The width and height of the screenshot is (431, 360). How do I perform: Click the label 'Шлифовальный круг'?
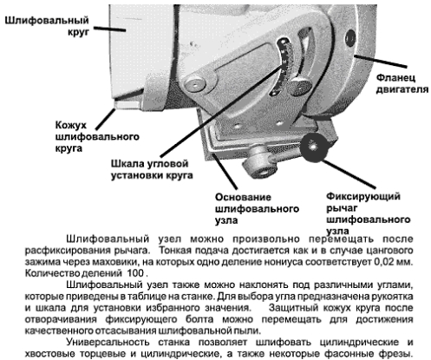coord(47,26)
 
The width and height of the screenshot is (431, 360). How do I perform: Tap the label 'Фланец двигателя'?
coord(402,83)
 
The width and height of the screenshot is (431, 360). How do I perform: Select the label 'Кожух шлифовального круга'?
coord(97,137)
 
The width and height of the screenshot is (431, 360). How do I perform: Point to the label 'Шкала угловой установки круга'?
coord(152,169)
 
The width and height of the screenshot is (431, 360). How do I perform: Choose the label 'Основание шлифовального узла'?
coord(257,209)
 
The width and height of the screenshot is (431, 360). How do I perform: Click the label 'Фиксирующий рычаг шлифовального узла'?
coord(368,213)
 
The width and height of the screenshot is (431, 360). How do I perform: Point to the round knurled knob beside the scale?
coord(301,86)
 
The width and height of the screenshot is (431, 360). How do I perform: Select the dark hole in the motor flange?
coord(350,38)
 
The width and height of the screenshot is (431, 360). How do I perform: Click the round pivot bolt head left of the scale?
coord(195,84)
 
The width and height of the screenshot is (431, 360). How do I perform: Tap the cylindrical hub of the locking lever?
coord(259,164)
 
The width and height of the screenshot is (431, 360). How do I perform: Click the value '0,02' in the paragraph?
coord(386,262)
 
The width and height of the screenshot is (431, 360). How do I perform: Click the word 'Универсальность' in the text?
coord(108,343)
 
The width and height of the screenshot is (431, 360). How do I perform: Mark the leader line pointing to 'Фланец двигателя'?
coord(381,61)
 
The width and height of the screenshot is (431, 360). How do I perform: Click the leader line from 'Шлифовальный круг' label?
coord(109,29)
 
